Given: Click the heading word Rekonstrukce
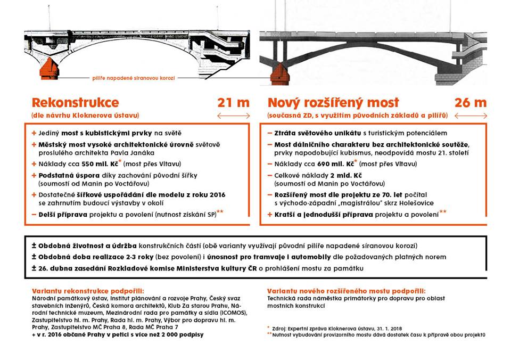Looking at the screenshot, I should pos(75,102).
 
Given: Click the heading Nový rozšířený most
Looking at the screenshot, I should pos(333,102).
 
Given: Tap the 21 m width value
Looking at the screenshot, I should pos(233,102).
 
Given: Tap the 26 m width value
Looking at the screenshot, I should pos(470,102).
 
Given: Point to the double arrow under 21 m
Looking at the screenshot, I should pos(233,115).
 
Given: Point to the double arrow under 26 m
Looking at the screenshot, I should pos(470,115).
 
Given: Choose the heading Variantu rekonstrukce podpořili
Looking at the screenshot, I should pos(87,291).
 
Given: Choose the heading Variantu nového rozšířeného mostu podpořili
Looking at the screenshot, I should pos(347,291).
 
